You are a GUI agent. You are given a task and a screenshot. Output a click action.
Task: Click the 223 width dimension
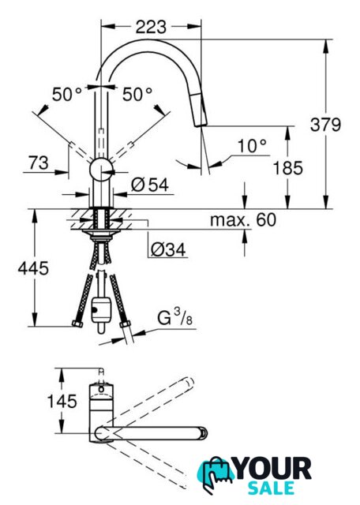pos(151,27)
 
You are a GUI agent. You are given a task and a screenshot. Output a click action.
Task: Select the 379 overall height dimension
pos(325,125)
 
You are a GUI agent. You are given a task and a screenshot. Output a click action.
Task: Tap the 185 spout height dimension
pos(288,168)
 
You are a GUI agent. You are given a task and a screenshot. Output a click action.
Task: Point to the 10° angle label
pos(253,146)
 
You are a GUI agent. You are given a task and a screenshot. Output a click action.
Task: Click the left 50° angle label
pos(67,95)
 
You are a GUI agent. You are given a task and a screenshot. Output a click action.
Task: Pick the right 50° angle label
pos(137,95)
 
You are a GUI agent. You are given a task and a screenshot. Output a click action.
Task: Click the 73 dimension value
pos(39,163)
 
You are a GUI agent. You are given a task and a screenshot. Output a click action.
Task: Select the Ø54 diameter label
pos(150,185)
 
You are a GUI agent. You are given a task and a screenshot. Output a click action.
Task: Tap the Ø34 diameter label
pos(168,250)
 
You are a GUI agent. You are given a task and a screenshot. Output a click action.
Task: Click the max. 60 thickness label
pos(243,220)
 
